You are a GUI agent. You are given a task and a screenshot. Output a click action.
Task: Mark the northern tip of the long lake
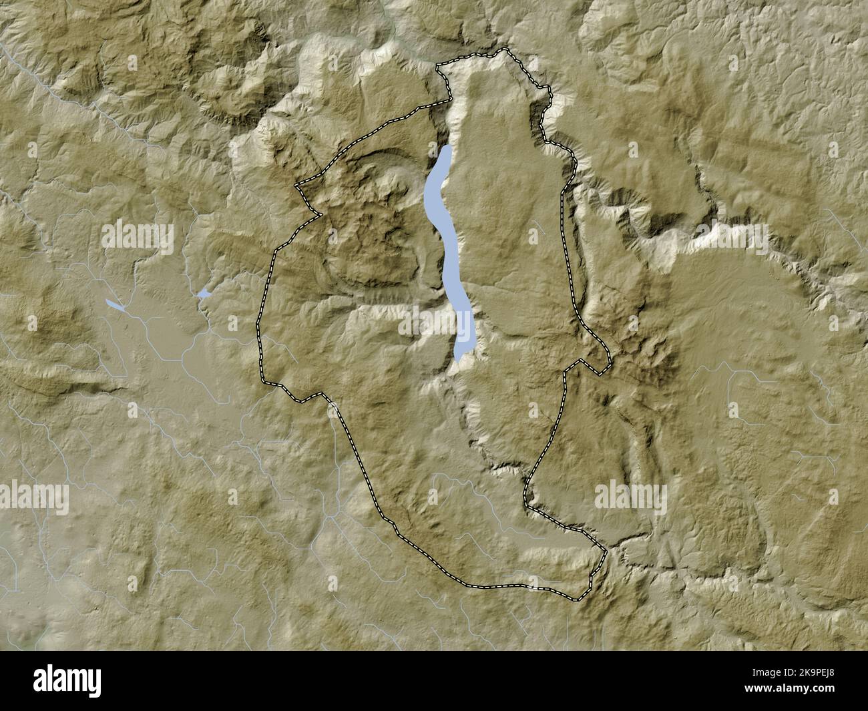pyautogui.click(x=447, y=147)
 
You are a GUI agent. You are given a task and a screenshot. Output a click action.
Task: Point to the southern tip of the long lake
pyautogui.click(x=458, y=361)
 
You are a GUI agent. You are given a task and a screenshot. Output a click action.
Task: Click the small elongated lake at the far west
pyautogui.click(x=115, y=305)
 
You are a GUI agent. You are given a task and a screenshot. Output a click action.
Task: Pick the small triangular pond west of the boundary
pyautogui.click(x=204, y=293)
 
